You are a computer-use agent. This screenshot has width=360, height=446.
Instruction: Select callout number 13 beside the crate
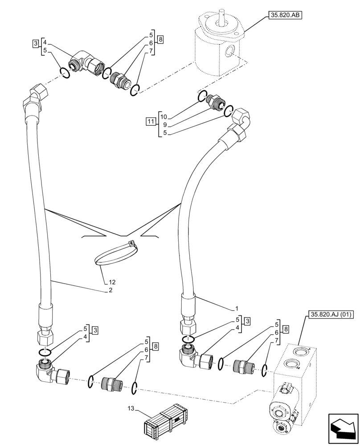[130, 408]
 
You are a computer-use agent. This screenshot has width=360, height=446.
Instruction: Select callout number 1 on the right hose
[237, 308]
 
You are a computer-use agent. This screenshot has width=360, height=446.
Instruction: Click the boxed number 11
[151, 121]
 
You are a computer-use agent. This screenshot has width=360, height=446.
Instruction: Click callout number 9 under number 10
[165, 125]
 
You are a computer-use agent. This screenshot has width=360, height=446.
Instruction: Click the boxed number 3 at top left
[35, 43]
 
